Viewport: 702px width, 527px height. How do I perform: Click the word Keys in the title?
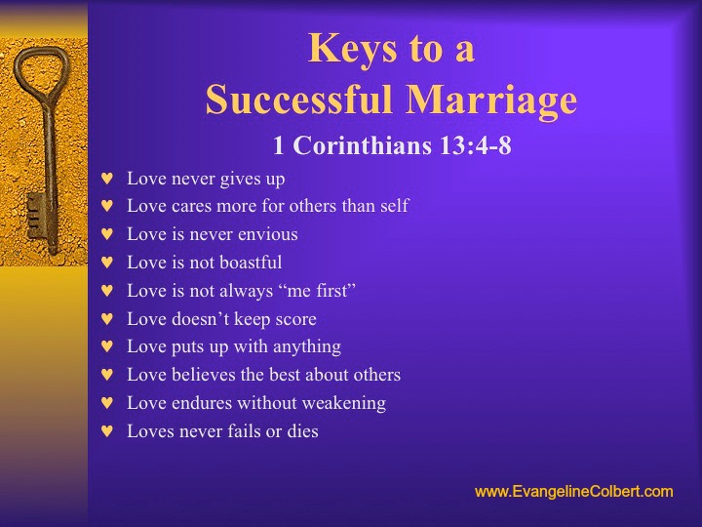353,50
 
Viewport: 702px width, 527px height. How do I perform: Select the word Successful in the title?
299,99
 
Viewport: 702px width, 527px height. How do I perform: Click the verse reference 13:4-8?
475,145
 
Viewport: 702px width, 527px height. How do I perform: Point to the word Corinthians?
363,145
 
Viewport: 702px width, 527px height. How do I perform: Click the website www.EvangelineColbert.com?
574,492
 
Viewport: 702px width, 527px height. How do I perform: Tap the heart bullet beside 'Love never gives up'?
107,179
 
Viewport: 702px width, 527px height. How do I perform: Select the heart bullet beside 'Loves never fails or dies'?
107,431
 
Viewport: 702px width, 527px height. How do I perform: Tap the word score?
296,319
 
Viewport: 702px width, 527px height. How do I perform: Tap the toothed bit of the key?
36,216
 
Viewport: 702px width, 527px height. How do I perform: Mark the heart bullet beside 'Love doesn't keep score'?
107,318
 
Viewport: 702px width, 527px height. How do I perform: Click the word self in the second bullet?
395,206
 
